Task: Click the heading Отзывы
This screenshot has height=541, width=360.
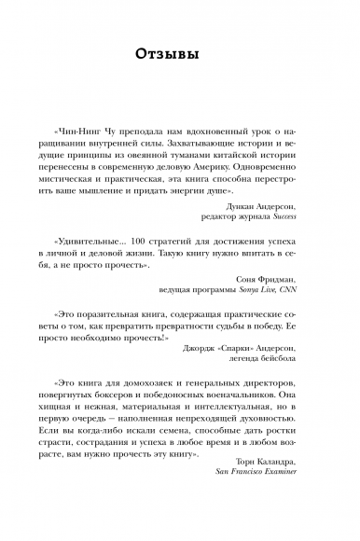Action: point(180,55)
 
